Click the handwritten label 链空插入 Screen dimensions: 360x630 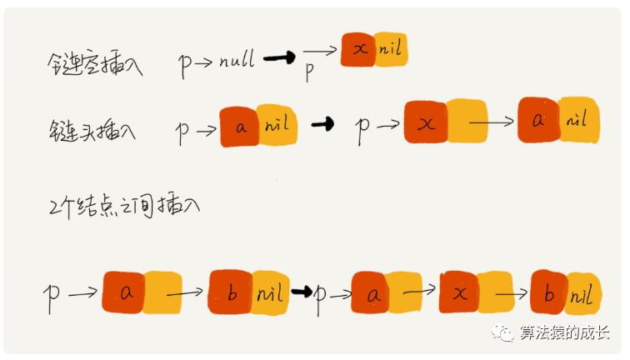pos(93,65)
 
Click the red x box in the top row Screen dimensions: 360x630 pos(359,51)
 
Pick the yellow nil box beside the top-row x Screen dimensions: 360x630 pos(391,51)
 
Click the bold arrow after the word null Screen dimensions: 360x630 pos(280,59)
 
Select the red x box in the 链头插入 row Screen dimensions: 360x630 pos(425,123)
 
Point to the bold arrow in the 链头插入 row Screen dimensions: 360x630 pos(320,125)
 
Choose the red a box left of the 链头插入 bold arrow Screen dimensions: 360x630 pos(239,127)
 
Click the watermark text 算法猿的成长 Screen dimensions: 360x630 pos(567,333)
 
